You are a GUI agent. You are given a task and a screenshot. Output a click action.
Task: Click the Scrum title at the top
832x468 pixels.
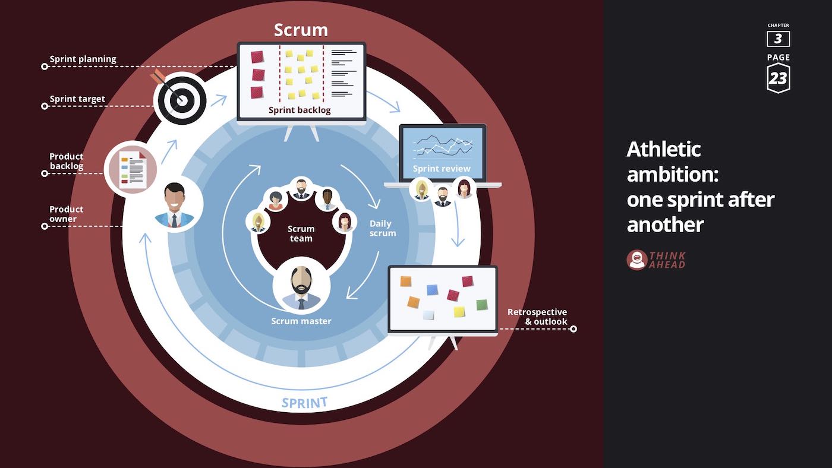pos(301,30)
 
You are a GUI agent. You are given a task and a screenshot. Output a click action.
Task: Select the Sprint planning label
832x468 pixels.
pos(83,59)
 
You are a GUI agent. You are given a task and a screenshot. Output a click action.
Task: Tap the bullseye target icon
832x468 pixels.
pos(180,99)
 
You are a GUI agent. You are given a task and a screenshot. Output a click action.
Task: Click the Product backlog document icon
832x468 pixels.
pos(131,170)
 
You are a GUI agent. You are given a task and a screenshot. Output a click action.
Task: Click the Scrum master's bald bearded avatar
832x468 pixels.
pos(301,286)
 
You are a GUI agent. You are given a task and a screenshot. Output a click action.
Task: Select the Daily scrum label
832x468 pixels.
pos(383,229)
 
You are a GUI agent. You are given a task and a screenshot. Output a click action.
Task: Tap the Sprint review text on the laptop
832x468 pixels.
pos(442,169)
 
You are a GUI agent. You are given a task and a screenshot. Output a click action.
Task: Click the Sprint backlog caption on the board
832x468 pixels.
pos(300,110)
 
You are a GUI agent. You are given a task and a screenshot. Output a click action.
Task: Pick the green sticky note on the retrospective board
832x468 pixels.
pos(482,305)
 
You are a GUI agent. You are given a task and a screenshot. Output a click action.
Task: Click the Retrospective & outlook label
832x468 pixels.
pos(537,317)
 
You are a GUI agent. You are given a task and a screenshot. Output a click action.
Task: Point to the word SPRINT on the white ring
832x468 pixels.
pos(304,403)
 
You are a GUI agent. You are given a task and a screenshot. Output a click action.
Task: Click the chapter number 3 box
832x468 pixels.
pos(778,39)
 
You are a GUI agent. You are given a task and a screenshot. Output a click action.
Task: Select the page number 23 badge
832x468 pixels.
pos(778,78)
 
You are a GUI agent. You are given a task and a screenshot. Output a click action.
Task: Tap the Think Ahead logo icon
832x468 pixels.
pos(636,260)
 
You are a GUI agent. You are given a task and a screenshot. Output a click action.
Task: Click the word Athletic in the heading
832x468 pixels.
pos(663,148)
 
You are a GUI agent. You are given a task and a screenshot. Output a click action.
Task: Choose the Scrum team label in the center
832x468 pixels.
pos(301,233)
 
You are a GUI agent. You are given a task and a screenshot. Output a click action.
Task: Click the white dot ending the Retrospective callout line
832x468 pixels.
pos(573,328)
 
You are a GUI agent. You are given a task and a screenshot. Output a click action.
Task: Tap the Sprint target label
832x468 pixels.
pos(77,99)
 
